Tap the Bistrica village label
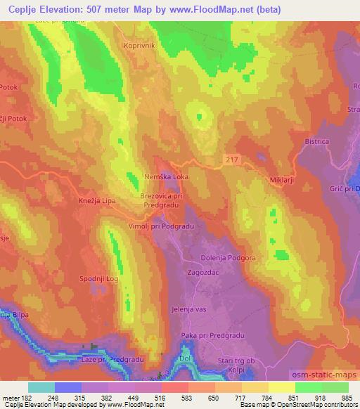coord(316,141)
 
